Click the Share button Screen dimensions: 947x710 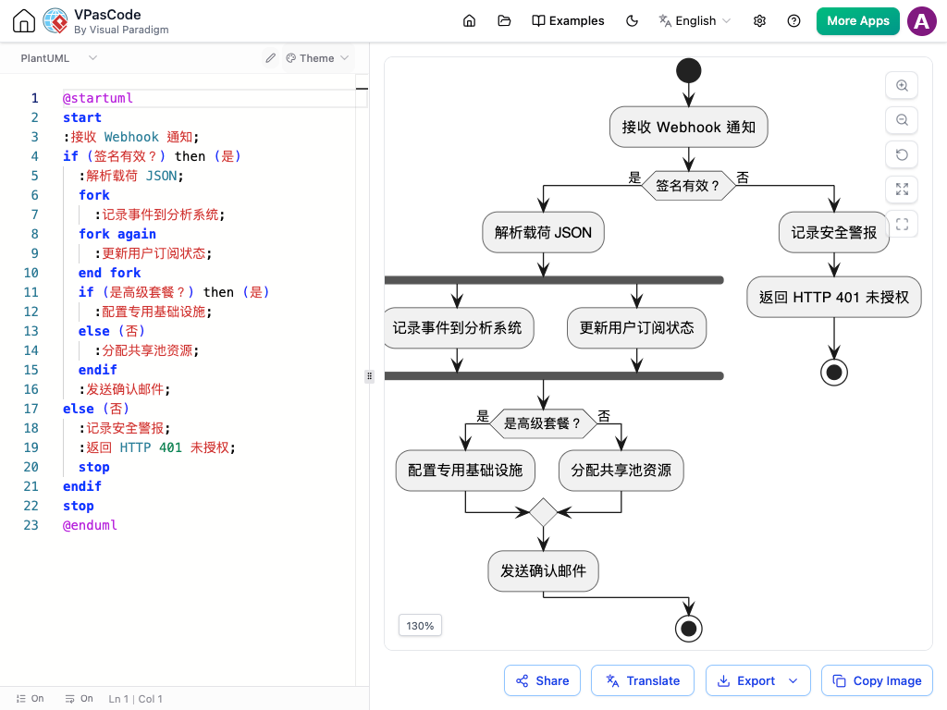[542, 680]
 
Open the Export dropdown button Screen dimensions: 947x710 [757, 680]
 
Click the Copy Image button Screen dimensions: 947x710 [877, 680]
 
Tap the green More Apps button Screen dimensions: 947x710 [857, 21]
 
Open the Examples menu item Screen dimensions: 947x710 [568, 21]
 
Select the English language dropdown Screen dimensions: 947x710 [695, 21]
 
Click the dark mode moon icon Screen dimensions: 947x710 [632, 21]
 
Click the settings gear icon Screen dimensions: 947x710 [760, 21]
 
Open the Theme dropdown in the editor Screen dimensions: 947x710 [317, 58]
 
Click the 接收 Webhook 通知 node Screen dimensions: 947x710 [688, 127]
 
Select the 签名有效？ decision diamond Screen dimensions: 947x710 [688, 185]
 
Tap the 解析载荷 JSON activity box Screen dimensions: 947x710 [543, 232]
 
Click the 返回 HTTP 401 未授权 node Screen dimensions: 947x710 [834, 297]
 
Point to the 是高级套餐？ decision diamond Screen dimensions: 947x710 [542, 423]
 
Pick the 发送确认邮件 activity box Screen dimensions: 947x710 [543, 570]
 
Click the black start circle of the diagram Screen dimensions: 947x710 [688, 70]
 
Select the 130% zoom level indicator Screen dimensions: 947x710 [421, 626]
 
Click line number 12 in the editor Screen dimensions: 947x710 [31, 312]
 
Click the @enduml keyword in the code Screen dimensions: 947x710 [90, 525]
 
